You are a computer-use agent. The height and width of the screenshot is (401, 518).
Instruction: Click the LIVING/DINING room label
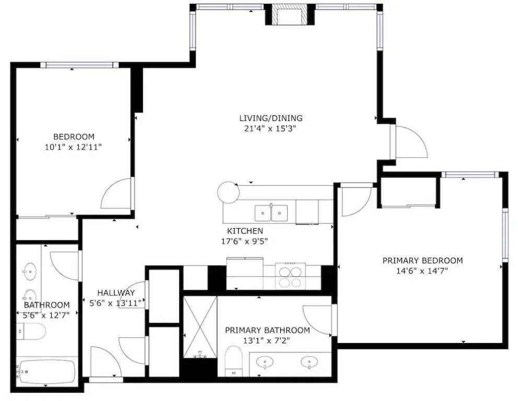click(x=271, y=118)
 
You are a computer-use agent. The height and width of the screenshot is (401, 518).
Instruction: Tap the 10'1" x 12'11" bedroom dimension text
click(x=73, y=147)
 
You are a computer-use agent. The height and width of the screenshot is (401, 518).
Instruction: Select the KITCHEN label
click(x=245, y=231)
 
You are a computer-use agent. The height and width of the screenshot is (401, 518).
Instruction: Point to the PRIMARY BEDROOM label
click(x=422, y=261)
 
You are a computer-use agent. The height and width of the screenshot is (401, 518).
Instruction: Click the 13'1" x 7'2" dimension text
click(x=267, y=340)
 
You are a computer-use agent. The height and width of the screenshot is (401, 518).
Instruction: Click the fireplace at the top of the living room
click(x=290, y=15)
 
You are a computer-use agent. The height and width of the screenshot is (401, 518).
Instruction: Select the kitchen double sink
click(x=271, y=213)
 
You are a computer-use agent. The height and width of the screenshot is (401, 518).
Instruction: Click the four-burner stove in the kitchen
click(x=291, y=277)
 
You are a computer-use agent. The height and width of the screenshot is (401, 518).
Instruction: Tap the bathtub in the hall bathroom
click(x=46, y=371)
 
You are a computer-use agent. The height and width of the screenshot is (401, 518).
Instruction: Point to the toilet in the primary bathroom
click(x=234, y=361)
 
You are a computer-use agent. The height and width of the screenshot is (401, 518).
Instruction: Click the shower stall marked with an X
click(x=200, y=327)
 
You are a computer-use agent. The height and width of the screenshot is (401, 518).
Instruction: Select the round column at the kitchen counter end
click(x=228, y=192)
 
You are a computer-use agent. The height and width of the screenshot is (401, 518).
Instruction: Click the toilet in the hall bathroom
click(x=31, y=332)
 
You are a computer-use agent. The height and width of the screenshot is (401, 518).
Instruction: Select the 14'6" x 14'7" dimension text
click(x=422, y=272)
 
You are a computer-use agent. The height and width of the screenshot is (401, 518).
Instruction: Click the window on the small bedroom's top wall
click(x=79, y=65)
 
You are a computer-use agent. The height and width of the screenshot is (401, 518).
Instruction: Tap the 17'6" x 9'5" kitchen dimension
click(x=244, y=242)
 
